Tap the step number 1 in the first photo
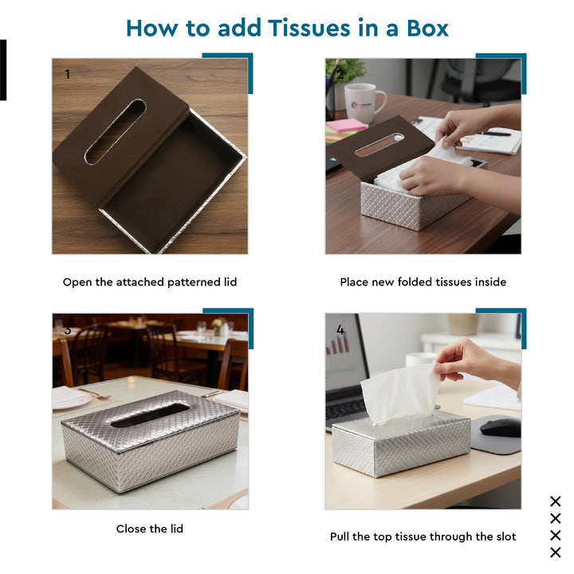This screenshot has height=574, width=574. click(68, 74)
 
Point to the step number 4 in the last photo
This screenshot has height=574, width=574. click(340, 328)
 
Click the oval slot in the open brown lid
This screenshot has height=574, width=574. click(116, 132)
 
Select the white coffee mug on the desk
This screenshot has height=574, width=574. click(364, 101)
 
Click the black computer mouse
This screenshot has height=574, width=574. click(499, 428)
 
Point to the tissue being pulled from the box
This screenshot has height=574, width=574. click(399, 395)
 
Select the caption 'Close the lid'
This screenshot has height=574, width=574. click(150, 529)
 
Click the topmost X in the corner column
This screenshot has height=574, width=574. click(556, 501)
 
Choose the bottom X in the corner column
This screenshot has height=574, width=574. click(556, 552)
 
